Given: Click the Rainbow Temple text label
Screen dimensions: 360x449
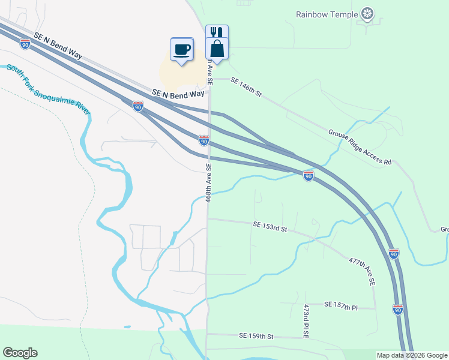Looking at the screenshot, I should pos(327,14).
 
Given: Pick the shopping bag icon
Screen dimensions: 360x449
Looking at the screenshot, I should pos(217,49).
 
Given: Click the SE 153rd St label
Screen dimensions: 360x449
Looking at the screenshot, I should pos(271,226).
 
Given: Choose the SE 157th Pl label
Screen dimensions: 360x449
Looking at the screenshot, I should pos(340,307).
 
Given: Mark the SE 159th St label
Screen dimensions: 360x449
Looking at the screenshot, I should pos(256,336).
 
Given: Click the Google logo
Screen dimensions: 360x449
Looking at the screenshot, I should pos(20,353).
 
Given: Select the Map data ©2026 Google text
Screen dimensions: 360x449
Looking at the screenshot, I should pos(412,355).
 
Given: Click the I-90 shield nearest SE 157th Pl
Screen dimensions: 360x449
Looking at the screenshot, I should pos(397,310).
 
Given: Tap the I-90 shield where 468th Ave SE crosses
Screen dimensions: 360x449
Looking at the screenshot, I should pos(204,140).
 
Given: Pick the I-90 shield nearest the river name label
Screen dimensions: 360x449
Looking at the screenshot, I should pos(139,107).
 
